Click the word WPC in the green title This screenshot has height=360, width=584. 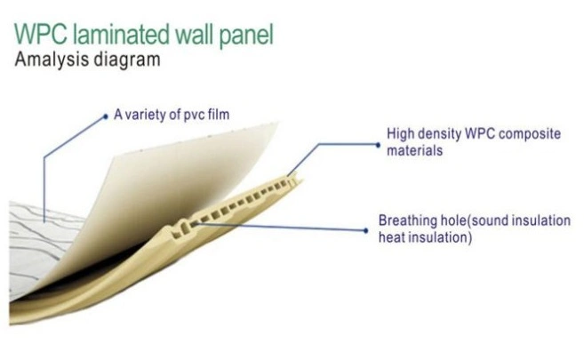click(41, 35)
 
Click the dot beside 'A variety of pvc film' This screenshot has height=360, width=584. click(106, 117)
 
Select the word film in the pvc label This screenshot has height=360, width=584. click(219, 115)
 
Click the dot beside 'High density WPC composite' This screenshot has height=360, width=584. click(378, 145)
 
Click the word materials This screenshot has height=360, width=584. click(414, 151)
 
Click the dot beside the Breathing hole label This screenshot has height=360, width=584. click(365, 231)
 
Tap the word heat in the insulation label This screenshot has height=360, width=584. click(393, 237)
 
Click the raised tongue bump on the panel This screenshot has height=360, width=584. click(182, 228)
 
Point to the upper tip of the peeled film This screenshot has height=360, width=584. click(277, 123)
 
